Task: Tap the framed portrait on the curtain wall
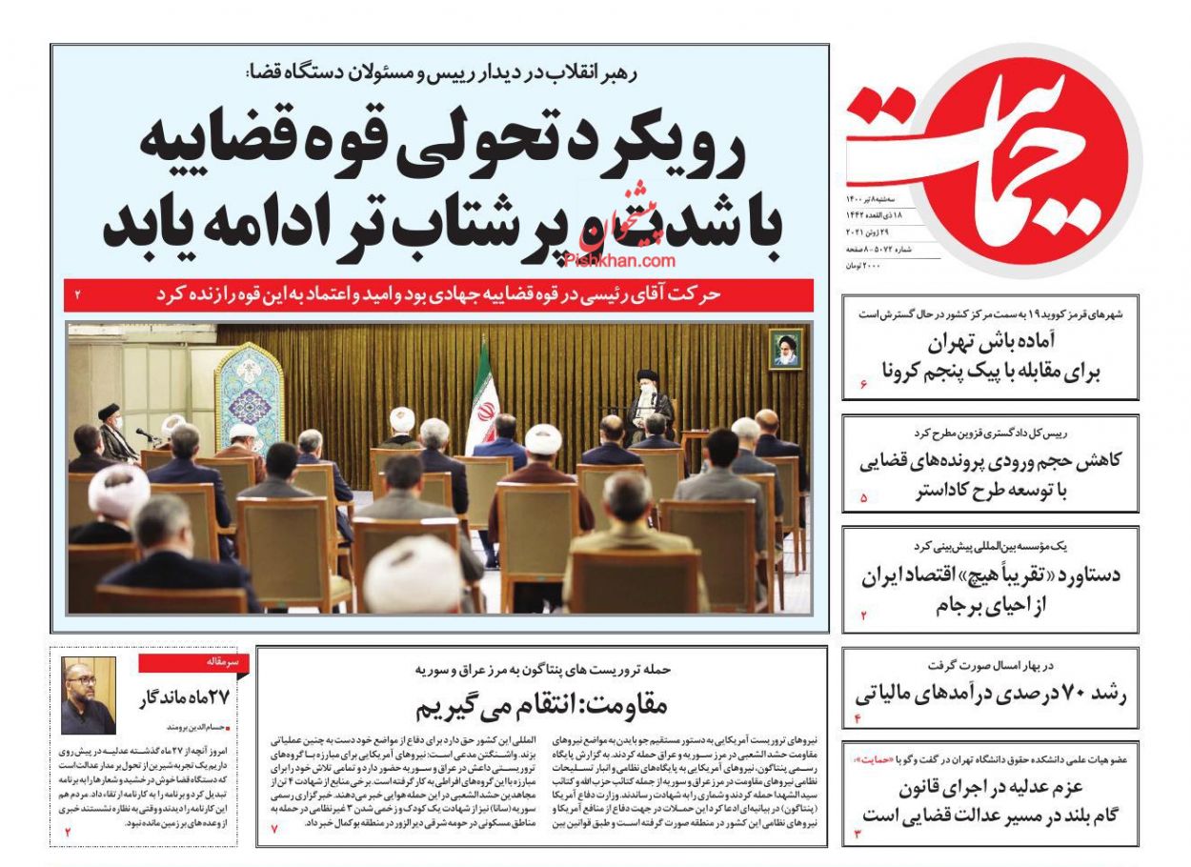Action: [786, 350]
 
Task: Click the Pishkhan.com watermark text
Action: [619, 259]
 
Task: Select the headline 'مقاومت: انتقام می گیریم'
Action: [541, 705]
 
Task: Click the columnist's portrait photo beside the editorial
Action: [88, 695]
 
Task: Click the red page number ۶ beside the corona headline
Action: [862, 384]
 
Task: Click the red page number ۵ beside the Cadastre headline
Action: [863, 496]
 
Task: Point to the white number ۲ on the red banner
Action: [78, 295]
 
